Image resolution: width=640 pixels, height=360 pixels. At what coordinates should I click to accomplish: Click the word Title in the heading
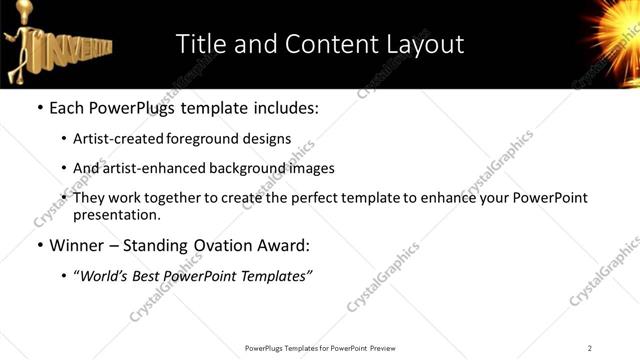200,44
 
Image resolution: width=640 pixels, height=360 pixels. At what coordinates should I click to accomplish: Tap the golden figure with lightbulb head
21,44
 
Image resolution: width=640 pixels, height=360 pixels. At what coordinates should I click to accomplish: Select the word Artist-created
112,139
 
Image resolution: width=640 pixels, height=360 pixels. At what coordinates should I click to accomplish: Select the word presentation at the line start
115,214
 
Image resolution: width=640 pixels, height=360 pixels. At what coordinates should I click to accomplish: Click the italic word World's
105,276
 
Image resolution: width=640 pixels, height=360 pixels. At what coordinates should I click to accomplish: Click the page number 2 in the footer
590,348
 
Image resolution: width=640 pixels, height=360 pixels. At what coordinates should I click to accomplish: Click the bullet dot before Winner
39,246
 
